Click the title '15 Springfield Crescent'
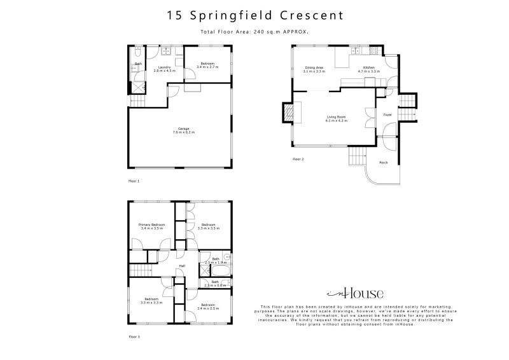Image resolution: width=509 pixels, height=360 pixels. click(254, 15)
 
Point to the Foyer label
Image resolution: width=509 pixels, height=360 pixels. click(387, 115)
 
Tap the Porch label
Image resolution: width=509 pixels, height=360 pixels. click(384, 163)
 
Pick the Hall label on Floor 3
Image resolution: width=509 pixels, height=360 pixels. click(182, 266)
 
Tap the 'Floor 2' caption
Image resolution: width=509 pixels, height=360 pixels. click(298, 159)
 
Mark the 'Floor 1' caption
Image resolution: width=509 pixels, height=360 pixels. click(134, 181)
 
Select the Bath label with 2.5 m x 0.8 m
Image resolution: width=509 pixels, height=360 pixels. click(215, 283)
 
